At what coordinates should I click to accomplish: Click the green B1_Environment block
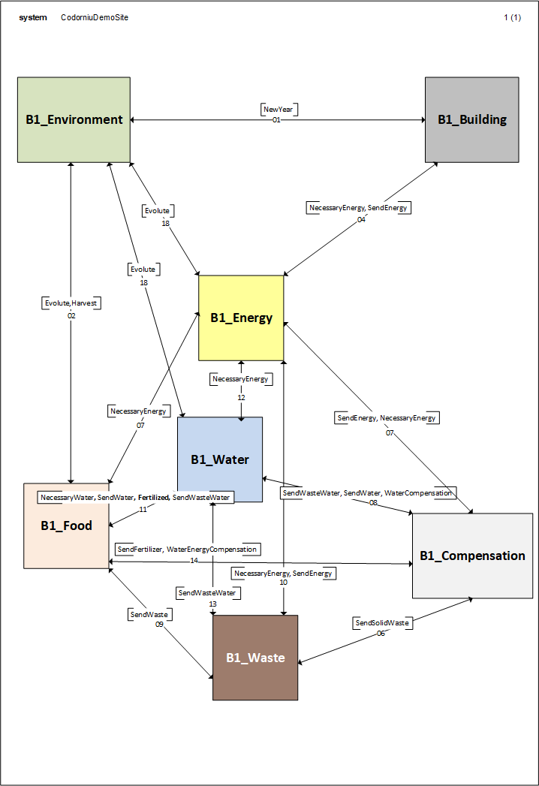[x=74, y=119]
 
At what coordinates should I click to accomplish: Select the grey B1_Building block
[x=471, y=119]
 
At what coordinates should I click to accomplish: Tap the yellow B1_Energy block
[x=241, y=318]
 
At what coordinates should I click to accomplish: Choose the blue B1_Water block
[x=220, y=459]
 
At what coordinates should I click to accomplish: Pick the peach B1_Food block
[x=66, y=526]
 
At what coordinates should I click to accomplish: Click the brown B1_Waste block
[x=255, y=658]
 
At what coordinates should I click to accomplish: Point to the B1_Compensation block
[x=472, y=556]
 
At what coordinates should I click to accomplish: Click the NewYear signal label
[x=276, y=110]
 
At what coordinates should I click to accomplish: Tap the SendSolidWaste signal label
[x=381, y=623]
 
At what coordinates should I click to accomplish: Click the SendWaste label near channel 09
[x=149, y=614]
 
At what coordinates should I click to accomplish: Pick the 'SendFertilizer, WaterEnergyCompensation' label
[x=187, y=550]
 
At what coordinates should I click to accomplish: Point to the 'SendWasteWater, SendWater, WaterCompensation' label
[x=368, y=493]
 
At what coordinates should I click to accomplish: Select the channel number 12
[x=241, y=397]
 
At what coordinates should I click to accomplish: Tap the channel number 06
[x=381, y=634]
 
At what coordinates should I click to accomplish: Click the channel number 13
[x=212, y=604]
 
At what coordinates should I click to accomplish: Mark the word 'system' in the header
[x=33, y=17]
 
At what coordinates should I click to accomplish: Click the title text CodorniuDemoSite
[x=95, y=17]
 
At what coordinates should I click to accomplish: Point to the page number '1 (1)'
[x=512, y=17]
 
